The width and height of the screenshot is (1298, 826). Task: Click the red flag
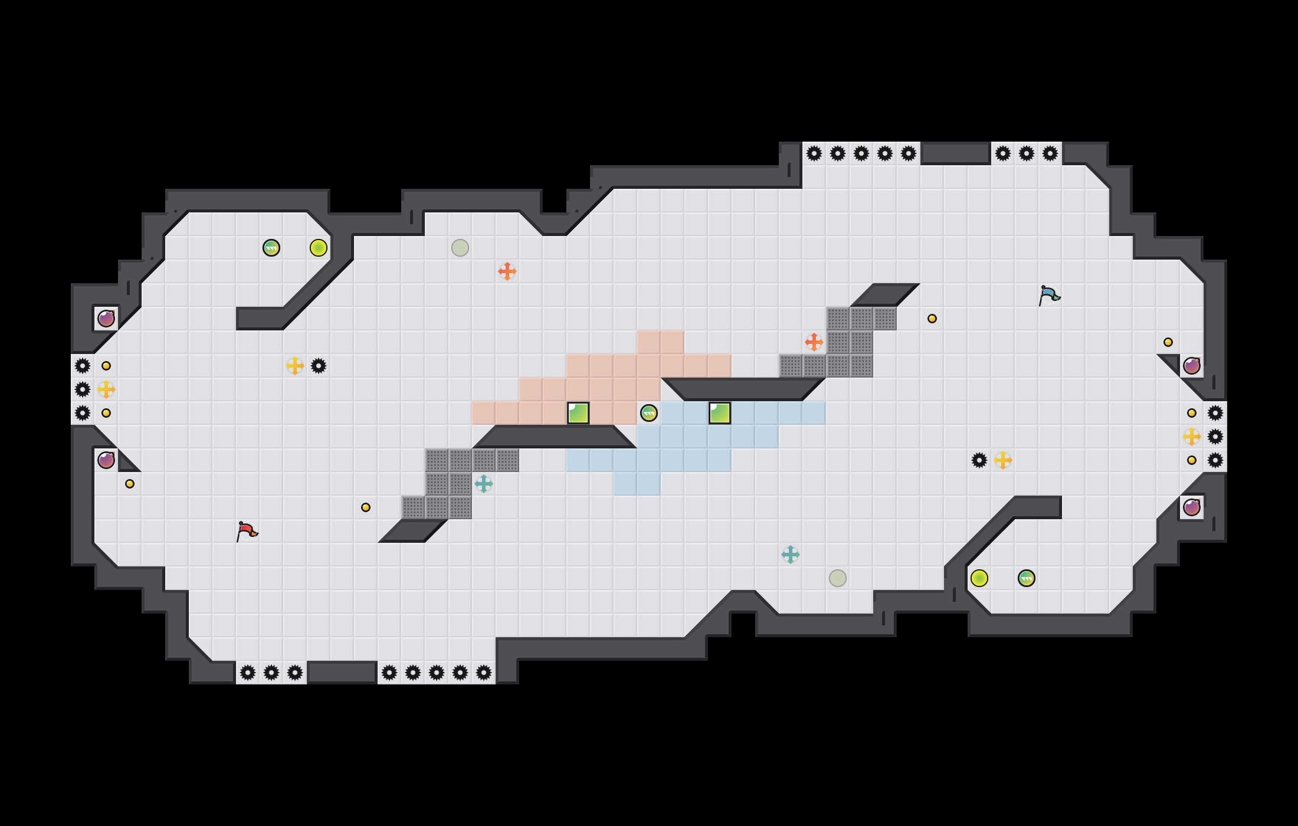[247, 531]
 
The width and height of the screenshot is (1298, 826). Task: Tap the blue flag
[1049, 295]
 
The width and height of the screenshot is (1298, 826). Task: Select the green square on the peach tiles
[578, 413]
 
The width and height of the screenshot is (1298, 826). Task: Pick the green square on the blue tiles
[720, 413]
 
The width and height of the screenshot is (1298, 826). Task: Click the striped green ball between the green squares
[649, 413]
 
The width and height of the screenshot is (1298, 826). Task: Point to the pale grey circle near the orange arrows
[460, 248]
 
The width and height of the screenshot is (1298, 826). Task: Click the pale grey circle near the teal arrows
[838, 578]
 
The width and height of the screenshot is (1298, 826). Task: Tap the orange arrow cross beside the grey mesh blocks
[814, 342]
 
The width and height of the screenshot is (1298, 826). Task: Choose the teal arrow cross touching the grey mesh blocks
[484, 484]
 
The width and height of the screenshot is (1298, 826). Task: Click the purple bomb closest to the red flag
[106, 460]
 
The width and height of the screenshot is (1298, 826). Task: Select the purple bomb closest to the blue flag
[1192, 366]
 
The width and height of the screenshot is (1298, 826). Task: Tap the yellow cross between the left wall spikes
[106, 389]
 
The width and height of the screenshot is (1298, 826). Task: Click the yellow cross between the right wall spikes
[1192, 437]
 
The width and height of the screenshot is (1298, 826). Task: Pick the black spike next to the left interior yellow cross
[319, 366]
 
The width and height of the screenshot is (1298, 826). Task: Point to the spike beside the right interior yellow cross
[979, 460]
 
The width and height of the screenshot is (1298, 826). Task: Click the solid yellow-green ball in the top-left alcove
[319, 248]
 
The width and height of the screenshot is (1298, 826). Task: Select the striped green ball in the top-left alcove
[271, 248]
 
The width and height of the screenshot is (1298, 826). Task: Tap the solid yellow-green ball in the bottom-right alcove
[979, 578]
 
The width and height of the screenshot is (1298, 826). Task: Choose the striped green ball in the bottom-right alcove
[1027, 578]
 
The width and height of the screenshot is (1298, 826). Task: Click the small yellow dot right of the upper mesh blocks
[932, 319]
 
